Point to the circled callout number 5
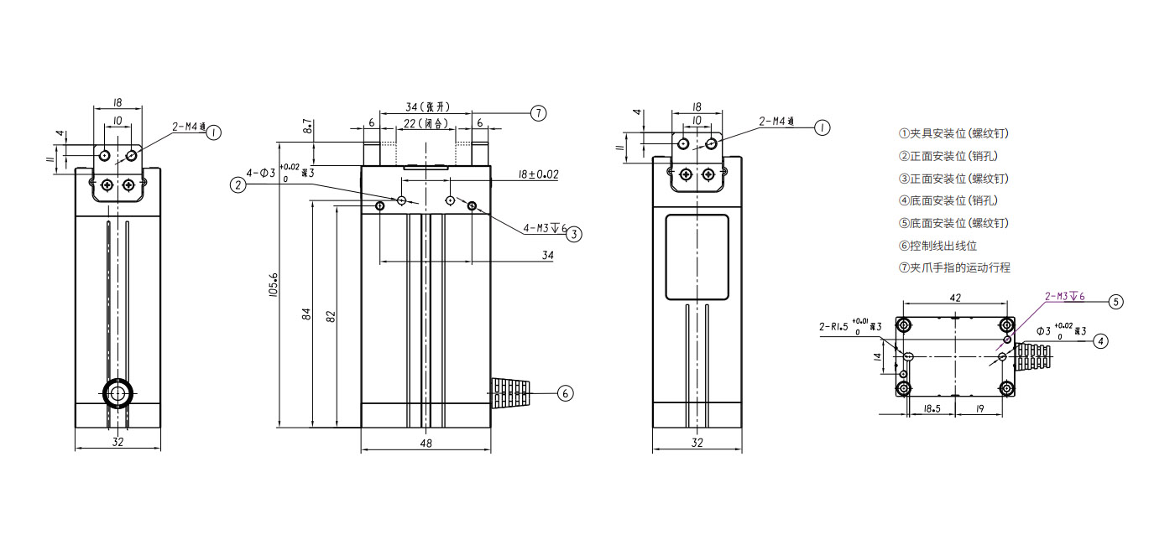[x=1115, y=302]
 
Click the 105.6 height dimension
[x=274, y=285]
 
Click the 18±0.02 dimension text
[x=537, y=174]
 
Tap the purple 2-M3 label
[x=1064, y=296]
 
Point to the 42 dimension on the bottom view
[x=954, y=298]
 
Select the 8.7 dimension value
[x=309, y=128]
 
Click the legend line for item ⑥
[x=937, y=246]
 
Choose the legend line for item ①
[x=953, y=133]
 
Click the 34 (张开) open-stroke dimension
[x=427, y=107]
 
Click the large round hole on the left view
[x=116, y=392]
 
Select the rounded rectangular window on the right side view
[x=697, y=257]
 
